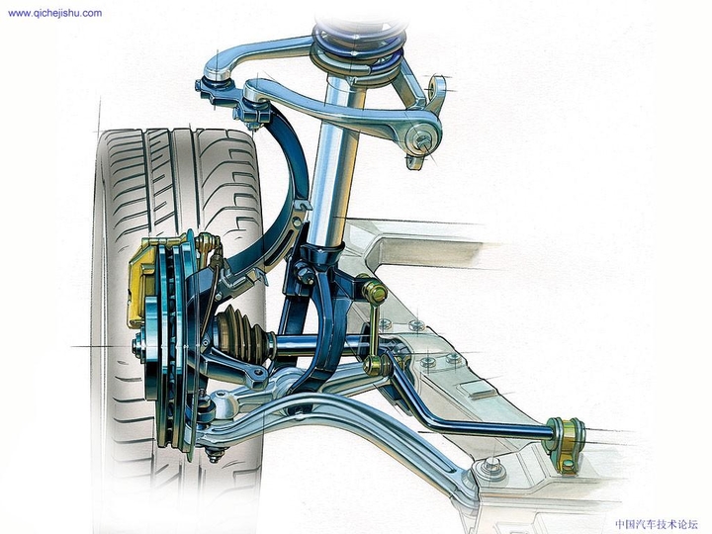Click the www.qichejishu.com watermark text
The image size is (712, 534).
53,13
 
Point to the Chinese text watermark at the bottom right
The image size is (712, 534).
656,524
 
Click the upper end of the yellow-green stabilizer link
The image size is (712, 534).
375,292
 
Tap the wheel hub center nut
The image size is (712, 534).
138,345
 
